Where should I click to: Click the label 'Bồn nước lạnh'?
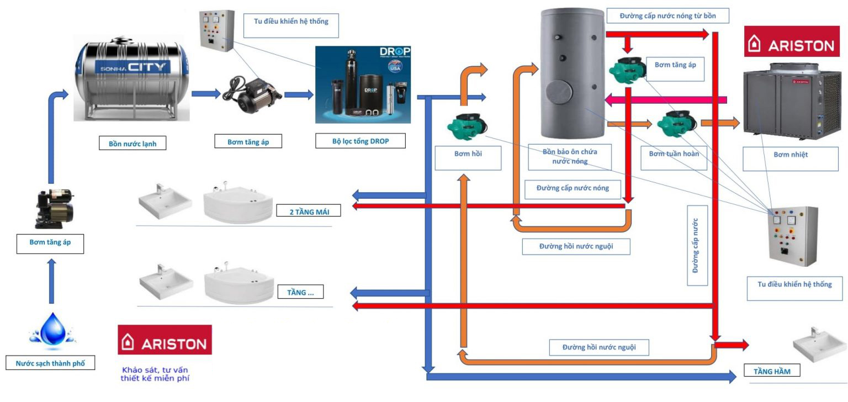[x=133, y=143]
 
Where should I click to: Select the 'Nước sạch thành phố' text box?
[x=50, y=363]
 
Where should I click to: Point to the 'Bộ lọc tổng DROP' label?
[x=361, y=141]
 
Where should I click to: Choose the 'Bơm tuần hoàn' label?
[x=674, y=154]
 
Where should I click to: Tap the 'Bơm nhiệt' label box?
[x=790, y=155]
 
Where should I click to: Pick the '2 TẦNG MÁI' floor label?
[x=308, y=211]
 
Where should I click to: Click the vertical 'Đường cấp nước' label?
[x=697, y=246]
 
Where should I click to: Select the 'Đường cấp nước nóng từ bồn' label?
[x=667, y=16]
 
